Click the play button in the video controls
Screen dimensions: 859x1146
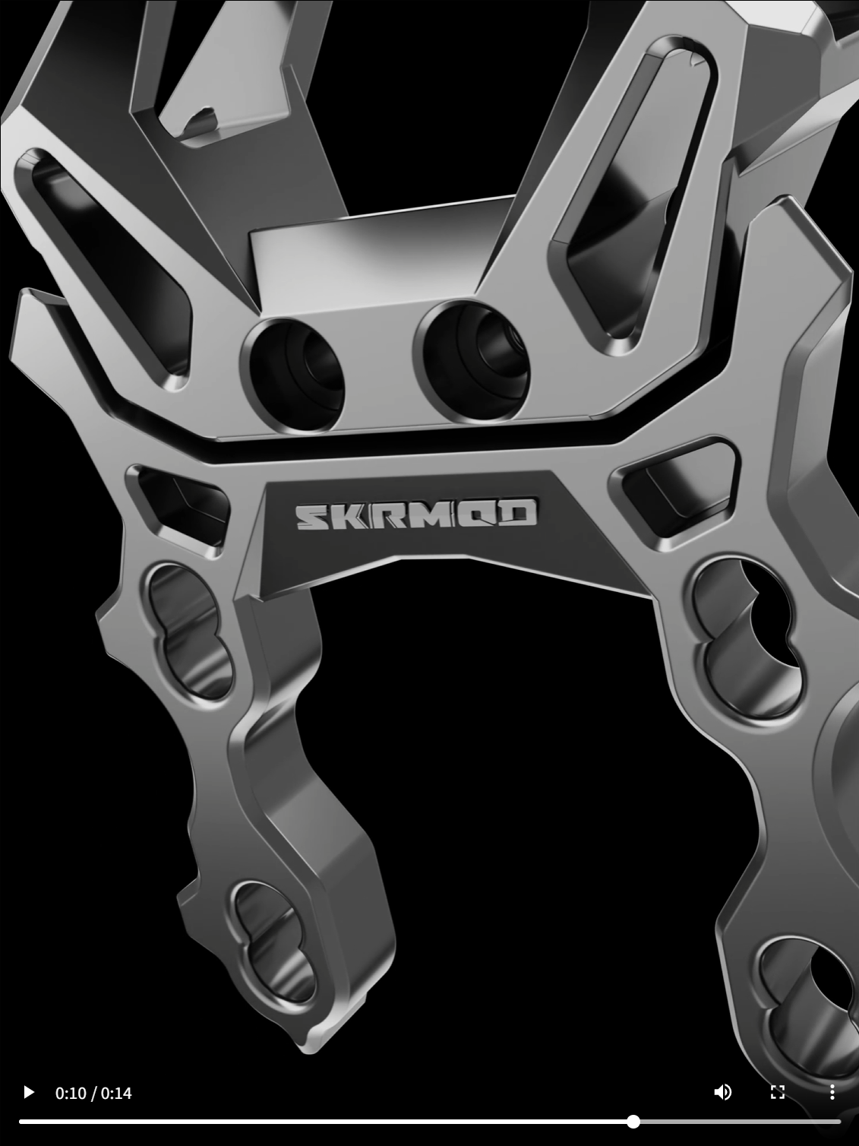tap(29, 1092)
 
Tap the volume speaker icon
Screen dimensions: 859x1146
tap(722, 1092)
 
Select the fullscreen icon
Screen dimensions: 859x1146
tap(778, 1092)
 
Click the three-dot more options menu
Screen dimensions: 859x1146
tap(832, 1092)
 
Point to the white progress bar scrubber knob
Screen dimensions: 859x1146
tap(633, 1122)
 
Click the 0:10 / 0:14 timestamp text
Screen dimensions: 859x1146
tap(93, 1093)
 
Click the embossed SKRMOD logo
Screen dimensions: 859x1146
tap(417, 514)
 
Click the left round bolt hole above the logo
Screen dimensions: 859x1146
tap(292, 375)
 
